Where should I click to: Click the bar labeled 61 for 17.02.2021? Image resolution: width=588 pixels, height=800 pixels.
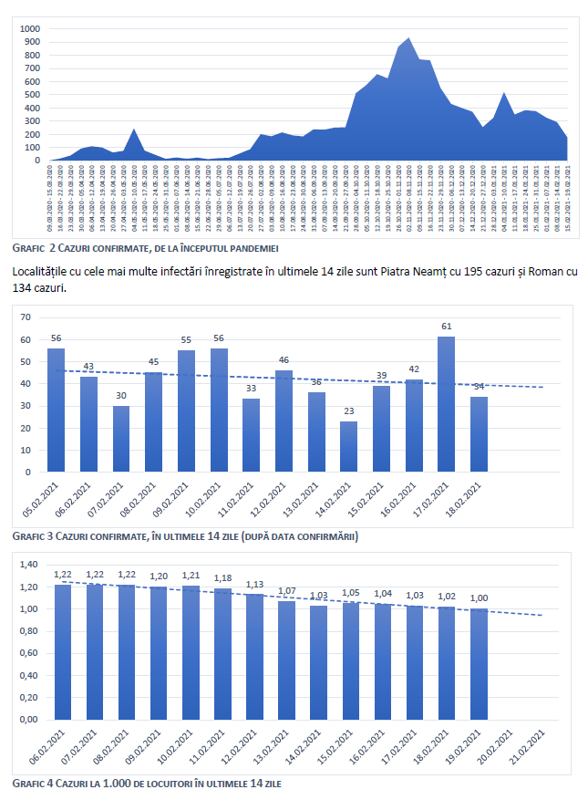(447, 404)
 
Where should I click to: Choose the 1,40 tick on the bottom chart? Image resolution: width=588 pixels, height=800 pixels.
(29, 565)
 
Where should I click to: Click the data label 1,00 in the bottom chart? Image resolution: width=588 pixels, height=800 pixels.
(479, 597)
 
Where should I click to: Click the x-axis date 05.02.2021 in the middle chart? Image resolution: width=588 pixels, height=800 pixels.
(46, 503)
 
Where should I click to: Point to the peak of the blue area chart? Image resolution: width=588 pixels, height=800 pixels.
(407, 39)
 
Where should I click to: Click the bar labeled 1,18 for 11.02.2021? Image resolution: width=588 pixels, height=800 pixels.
(222, 654)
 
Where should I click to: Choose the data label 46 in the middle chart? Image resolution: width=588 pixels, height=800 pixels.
(284, 360)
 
